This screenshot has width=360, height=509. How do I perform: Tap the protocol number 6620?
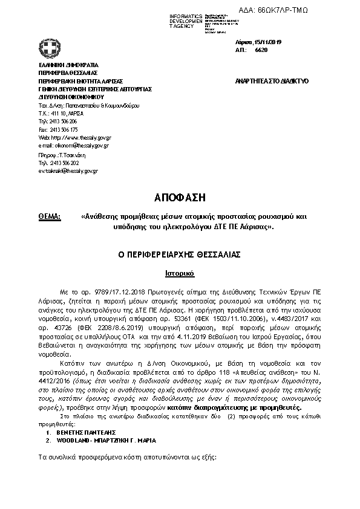pyautogui.click(x=261, y=50)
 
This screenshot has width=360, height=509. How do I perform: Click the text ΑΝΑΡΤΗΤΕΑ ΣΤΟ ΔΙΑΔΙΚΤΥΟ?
pyautogui.click(x=271, y=80)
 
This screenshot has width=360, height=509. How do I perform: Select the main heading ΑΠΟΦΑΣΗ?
pyautogui.click(x=180, y=197)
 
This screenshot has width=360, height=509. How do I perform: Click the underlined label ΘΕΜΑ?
pyautogui.click(x=50, y=216)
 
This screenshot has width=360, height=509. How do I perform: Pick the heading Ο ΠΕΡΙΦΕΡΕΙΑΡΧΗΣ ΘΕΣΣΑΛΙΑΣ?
pyautogui.click(x=180, y=256)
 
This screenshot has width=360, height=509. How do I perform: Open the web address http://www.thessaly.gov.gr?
pyautogui.click(x=80, y=137)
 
